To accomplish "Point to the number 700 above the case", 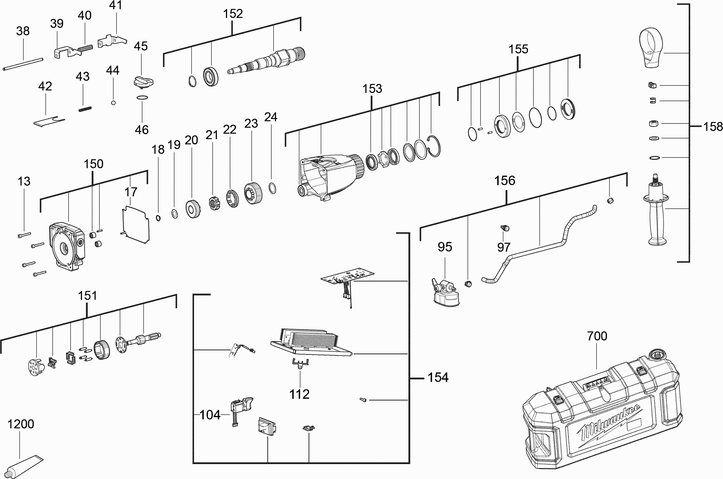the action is coord(597,336).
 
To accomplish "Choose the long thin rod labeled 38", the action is coord(23,64).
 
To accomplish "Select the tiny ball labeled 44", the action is coord(113,103).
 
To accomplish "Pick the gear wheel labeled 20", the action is coord(193,209).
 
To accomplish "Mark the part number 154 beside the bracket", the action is coord(438,378).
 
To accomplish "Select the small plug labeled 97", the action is coord(505,228).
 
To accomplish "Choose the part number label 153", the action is coord(372,89).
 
